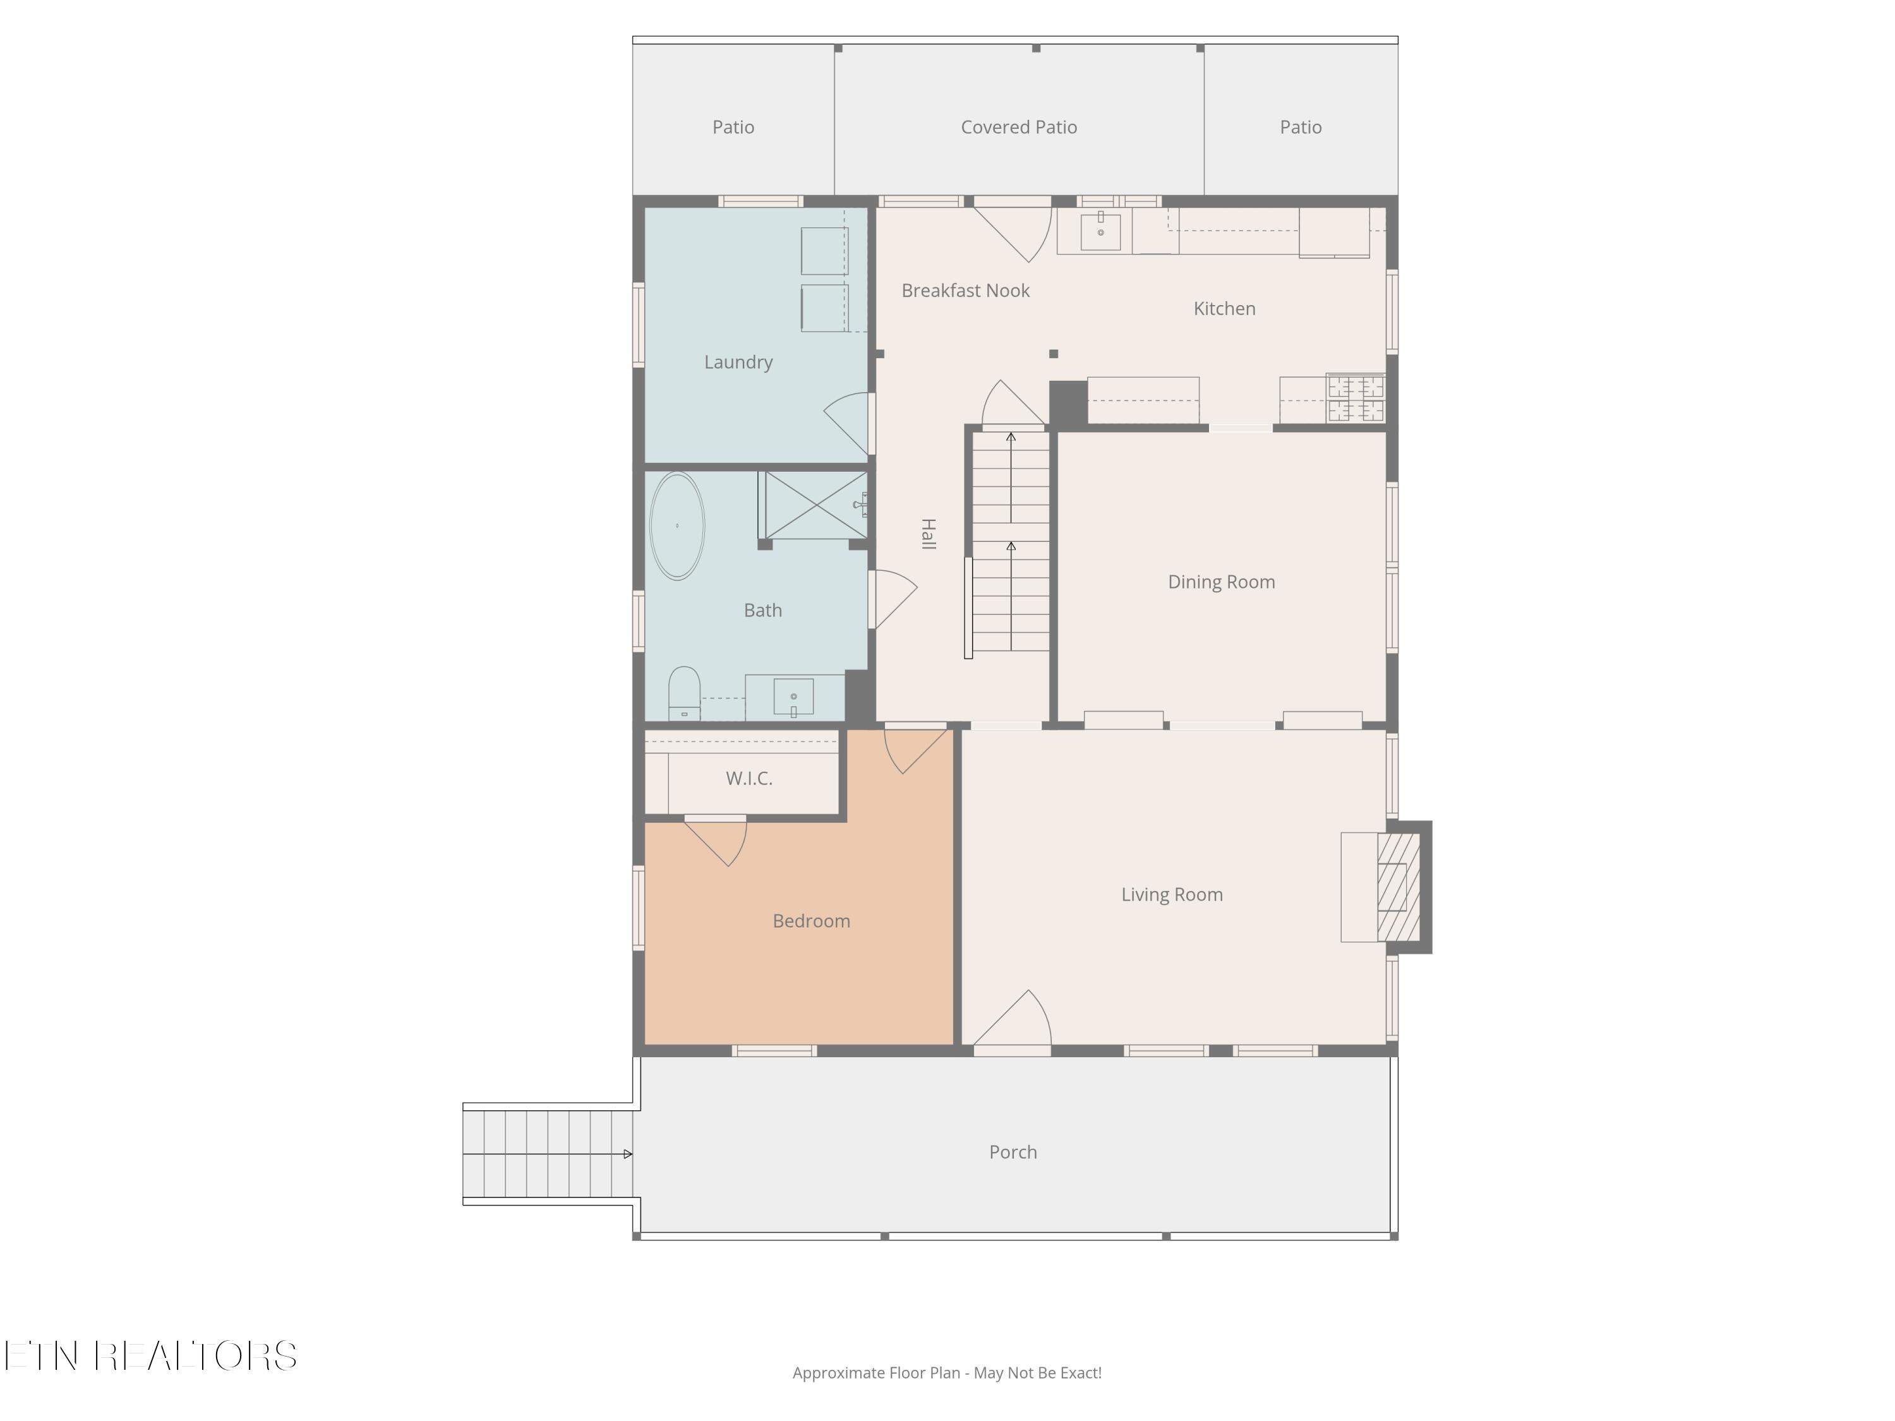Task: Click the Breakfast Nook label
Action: tap(965, 291)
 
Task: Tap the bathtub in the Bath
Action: tap(677, 526)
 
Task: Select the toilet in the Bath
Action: tap(683, 693)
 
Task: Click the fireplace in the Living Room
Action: tap(1397, 887)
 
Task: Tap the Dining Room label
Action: tap(1222, 582)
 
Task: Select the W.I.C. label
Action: tap(750, 779)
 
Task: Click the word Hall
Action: tap(928, 534)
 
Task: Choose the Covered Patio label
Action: tap(1019, 127)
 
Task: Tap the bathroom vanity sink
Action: tap(793, 697)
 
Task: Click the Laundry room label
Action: tap(738, 363)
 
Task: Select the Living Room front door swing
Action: tap(1013, 1019)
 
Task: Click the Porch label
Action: tap(1013, 1152)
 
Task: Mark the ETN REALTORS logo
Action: tap(151, 1356)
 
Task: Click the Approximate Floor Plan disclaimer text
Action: tap(947, 1373)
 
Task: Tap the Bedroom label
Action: tap(811, 921)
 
